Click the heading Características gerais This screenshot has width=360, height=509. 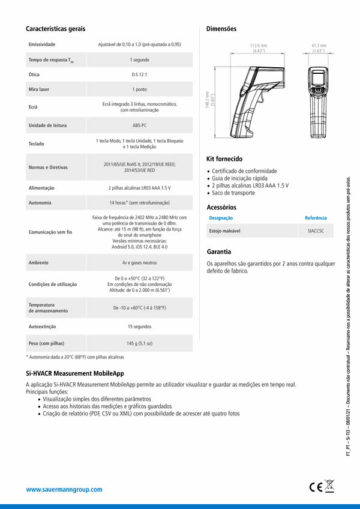(55, 29)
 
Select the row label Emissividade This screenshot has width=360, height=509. (42, 44)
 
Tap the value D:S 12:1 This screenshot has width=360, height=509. (140, 74)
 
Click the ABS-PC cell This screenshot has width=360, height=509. (140, 125)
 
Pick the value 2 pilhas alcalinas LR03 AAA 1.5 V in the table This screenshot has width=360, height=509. (140, 188)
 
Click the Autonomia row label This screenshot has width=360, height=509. (40, 203)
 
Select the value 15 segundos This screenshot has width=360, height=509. (140, 327)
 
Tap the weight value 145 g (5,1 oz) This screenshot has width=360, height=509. (140, 344)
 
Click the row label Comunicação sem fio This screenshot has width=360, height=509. (50, 231)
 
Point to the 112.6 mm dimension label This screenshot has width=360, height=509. (259, 46)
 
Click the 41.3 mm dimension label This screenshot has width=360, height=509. (319, 46)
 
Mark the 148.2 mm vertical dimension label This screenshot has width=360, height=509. (207, 100)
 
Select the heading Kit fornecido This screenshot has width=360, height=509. (224, 159)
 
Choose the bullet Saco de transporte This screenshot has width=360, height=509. (233, 193)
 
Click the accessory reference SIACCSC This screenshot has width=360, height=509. (316, 230)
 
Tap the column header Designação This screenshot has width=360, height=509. (221, 218)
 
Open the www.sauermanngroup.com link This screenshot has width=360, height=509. (64, 490)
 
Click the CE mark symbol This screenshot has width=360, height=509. (316, 487)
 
